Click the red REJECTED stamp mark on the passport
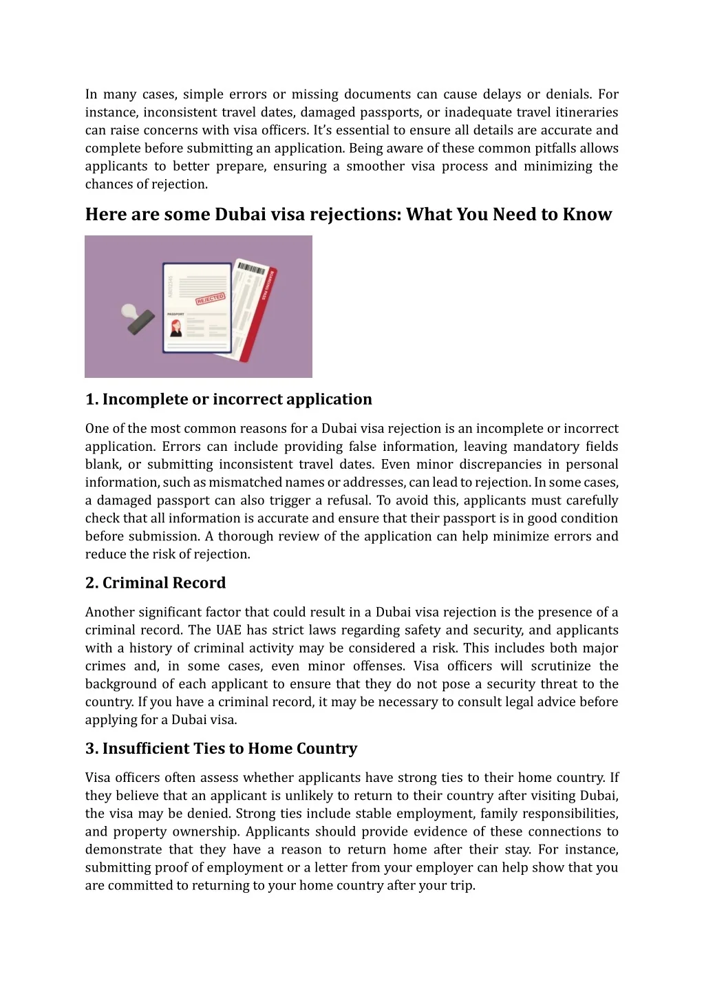pyautogui.click(x=211, y=299)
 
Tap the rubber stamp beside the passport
pyautogui.click(x=138, y=319)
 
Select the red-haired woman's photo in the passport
pyautogui.click(x=176, y=328)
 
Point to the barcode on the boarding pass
pyautogui.click(x=251, y=268)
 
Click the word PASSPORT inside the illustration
pyautogui.click(x=175, y=315)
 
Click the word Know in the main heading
pyautogui.click(x=587, y=215)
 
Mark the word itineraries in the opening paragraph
pyautogui.click(x=584, y=112)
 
